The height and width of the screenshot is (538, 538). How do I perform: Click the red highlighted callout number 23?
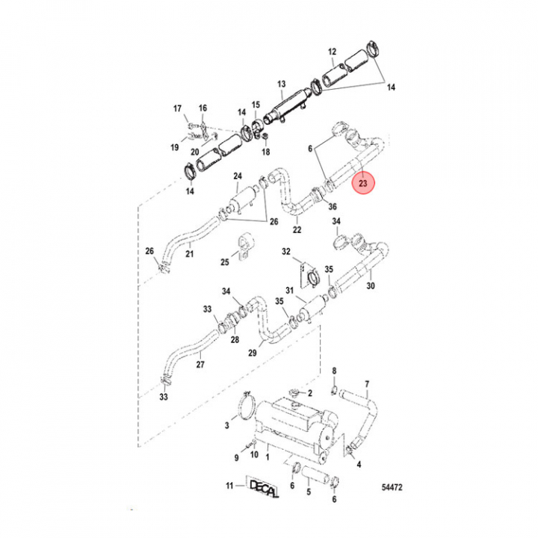click(x=363, y=183)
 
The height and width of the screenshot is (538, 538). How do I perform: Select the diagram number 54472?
click(x=392, y=487)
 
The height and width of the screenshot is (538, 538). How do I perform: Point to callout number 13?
click(x=282, y=84)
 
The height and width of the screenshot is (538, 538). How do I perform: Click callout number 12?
click(x=332, y=52)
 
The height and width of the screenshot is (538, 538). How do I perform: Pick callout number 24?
click(x=238, y=176)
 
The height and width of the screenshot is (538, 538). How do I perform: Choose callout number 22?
click(x=297, y=229)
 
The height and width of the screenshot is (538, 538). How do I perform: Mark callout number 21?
click(x=189, y=254)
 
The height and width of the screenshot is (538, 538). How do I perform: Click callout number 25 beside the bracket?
click(x=225, y=262)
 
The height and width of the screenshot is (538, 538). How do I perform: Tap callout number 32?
click(x=286, y=252)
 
